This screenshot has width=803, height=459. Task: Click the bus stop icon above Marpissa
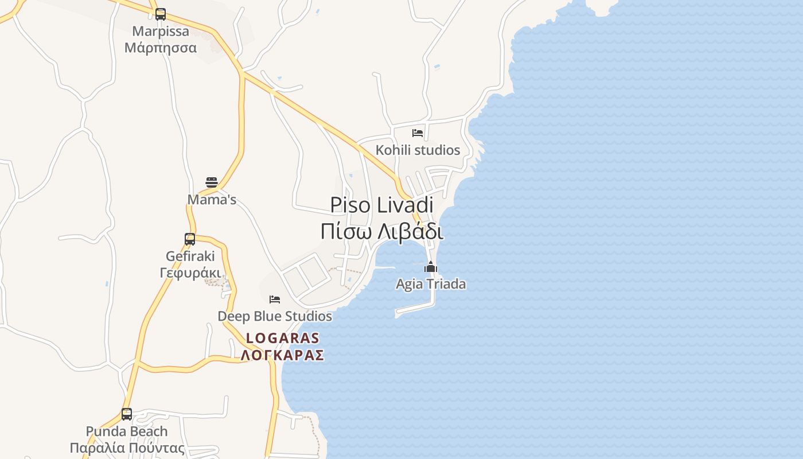click(161, 14)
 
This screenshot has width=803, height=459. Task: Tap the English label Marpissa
click(161, 31)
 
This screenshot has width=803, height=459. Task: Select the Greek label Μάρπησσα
click(161, 47)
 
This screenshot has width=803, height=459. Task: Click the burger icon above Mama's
click(212, 182)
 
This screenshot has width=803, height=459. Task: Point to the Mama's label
click(212, 200)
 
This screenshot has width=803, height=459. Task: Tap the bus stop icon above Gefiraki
click(190, 239)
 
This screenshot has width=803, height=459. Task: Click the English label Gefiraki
click(190, 256)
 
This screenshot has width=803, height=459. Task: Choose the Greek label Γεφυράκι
click(190, 272)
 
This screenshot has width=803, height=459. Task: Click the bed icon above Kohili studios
click(418, 133)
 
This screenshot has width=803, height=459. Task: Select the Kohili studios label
click(418, 150)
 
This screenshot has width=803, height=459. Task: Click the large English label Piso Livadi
click(381, 205)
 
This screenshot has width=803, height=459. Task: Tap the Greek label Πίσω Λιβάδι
click(381, 231)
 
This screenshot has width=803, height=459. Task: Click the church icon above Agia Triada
click(431, 267)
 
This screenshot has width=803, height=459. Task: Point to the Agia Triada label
click(431, 284)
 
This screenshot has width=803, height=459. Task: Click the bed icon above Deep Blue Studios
click(275, 299)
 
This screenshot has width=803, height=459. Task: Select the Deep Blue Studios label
click(275, 316)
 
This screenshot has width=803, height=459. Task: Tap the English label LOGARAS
click(282, 339)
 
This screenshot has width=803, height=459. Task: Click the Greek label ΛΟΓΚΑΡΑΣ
click(282, 355)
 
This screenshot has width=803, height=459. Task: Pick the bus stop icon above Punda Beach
click(127, 414)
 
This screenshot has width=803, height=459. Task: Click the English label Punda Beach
click(127, 431)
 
